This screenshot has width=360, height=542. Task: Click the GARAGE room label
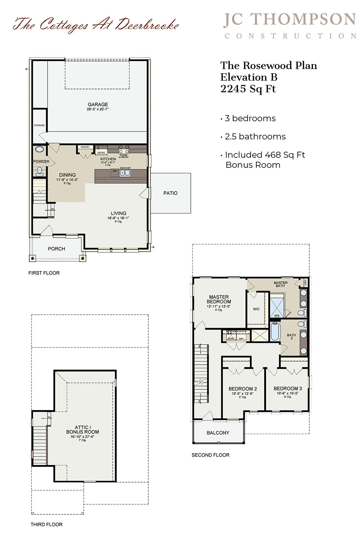(x=98, y=104)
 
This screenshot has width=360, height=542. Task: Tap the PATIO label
(x=170, y=193)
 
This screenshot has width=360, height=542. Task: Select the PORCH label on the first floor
(x=57, y=249)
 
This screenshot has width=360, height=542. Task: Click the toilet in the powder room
(x=39, y=171)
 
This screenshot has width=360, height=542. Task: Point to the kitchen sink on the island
(x=125, y=173)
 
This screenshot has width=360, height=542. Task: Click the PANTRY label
(x=85, y=147)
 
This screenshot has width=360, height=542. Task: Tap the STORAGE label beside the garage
(x=39, y=125)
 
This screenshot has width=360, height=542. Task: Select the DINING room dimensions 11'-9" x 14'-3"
(x=67, y=180)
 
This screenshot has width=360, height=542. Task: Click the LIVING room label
(x=118, y=213)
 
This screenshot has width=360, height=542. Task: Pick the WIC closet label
(x=256, y=309)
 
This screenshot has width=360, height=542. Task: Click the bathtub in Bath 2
(x=275, y=331)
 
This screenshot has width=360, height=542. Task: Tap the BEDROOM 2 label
(x=243, y=389)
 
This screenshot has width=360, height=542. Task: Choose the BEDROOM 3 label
(x=288, y=388)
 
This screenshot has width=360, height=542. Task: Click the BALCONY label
(x=218, y=433)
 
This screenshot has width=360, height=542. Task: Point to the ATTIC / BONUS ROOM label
(x=82, y=430)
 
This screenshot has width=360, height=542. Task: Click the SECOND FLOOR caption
(x=210, y=455)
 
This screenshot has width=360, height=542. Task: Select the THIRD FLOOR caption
(x=46, y=524)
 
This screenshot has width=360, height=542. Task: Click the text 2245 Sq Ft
(x=248, y=89)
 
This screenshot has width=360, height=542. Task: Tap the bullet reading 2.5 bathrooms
(x=255, y=136)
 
